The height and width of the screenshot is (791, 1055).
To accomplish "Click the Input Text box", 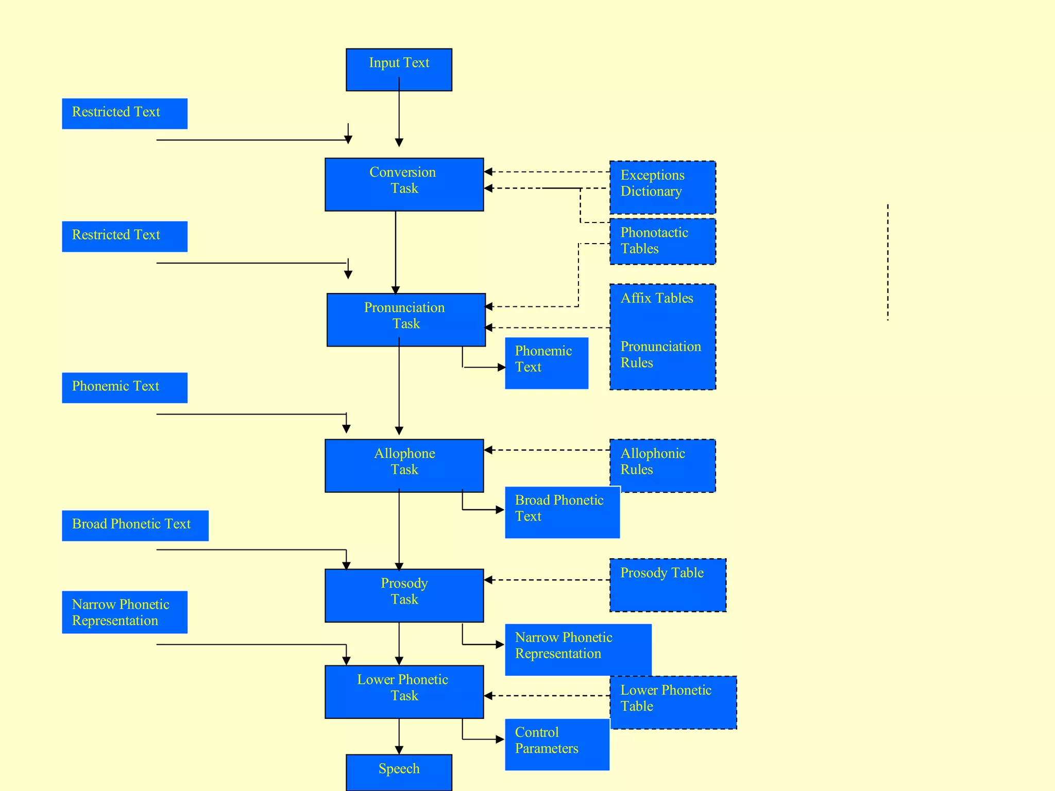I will tap(399, 70).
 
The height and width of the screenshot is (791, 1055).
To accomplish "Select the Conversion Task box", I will tap(404, 184).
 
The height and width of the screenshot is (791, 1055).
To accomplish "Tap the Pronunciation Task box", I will tap(406, 319).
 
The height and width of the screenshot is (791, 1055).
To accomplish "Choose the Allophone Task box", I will tap(404, 465).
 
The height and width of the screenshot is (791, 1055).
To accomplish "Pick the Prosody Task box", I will tap(404, 595).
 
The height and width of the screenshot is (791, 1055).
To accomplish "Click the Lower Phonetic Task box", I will tap(404, 691).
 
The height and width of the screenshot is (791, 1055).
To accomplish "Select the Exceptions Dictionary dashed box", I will tap(662, 187).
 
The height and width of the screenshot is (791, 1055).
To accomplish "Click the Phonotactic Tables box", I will tap(662, 241).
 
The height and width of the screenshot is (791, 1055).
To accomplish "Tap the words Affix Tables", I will tap(657, 298).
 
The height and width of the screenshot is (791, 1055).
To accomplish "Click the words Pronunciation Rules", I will tap(660, 354).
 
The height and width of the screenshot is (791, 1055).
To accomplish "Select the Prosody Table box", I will tap(668, 584).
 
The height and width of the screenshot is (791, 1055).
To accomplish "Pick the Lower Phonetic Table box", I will tap(673, 701).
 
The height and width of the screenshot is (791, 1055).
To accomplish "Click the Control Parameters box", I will tap(556, 744).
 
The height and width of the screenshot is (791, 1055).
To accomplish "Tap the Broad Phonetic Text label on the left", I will tap(135, 525).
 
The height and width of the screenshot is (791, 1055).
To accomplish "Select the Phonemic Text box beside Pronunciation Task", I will tap(546, 363).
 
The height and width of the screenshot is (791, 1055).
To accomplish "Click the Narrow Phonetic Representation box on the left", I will tap(125, 612).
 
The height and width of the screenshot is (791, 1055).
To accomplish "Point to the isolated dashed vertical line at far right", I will tap(888, 263).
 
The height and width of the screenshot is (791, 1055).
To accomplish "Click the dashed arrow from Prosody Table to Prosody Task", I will tap(546, 580).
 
